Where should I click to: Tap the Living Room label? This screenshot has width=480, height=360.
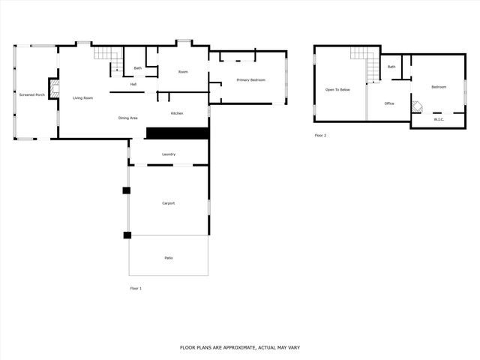click(x=82, y=98)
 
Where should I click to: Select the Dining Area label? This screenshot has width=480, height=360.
click(x=127, y=118)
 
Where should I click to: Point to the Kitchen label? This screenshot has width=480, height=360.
click(x=177, y=113)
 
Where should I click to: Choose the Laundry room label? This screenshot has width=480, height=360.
click(x=169, y=154)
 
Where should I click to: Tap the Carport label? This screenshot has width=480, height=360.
click(x=169, y=203)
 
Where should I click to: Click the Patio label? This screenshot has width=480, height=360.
click(x=169, y=258)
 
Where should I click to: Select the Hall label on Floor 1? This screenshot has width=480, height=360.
click(x=133, y=84)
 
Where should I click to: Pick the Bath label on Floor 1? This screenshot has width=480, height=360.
click(x=138, y=68)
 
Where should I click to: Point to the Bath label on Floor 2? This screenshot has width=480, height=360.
click(x=391, y=67)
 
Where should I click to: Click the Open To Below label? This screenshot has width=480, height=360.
click(x=337, y=90)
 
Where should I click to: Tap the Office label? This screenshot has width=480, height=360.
click(x=389, y=103)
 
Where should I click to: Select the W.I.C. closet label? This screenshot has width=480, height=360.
click(x=439, y=118)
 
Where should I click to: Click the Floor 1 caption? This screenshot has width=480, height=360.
click(x=136, y=288)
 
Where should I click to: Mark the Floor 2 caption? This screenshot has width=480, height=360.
click(x=320, y=136)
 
